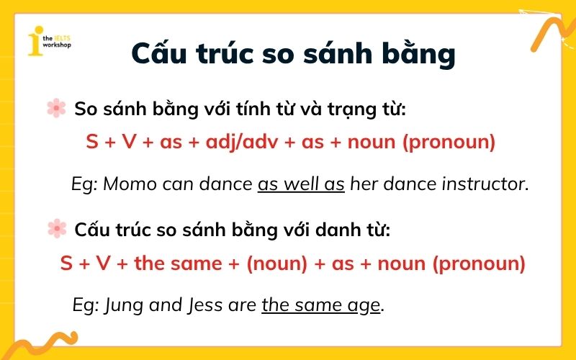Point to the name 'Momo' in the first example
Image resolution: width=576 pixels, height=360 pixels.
130,184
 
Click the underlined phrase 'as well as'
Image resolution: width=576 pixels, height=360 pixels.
301,184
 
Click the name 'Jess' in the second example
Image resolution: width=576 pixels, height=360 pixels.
207,305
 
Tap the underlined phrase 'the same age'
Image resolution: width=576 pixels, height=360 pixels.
320,305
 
